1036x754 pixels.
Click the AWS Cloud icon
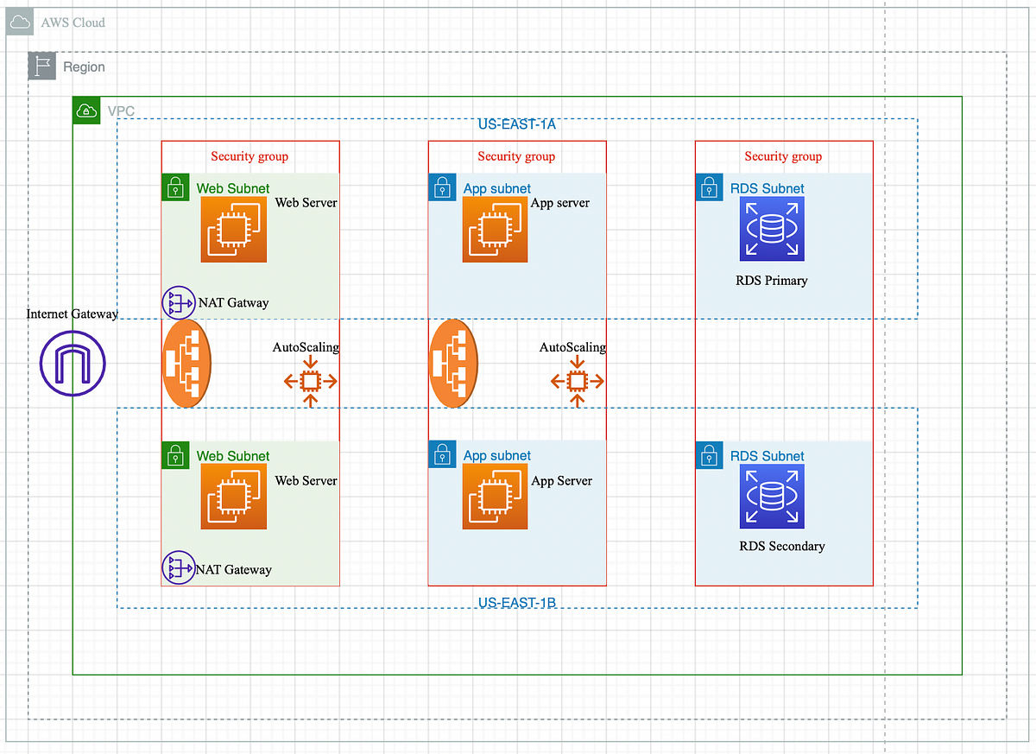tap(20, 22)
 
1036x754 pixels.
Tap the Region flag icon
tap(42, 67)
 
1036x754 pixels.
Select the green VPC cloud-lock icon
tap(86, 111)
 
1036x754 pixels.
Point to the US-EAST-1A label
tap(516, 125)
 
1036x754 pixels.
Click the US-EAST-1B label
tap(516, 602)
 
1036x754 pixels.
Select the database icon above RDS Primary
tap(771, 229)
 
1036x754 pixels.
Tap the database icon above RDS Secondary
tap(771, 496)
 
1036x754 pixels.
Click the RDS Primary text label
tap(771, 281)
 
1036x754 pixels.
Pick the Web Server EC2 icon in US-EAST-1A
tap(233, 229)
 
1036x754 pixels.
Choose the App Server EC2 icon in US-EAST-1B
tap(496, 496)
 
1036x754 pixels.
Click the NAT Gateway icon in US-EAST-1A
tap(179, 302)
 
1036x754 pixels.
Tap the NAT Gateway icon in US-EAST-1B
tap(178, 567)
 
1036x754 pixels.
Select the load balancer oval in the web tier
tap(187, 364)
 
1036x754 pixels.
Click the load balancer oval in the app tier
tap(454, 364)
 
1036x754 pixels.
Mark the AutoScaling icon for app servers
tap(578, 381)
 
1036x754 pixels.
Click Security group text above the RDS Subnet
tap(783, 156)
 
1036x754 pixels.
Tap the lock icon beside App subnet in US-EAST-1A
tap(442, 187)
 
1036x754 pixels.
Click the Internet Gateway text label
tap(73, 314)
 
